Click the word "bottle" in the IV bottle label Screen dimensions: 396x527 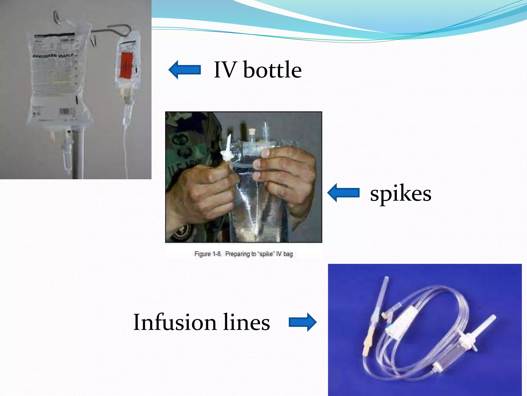(272, 70)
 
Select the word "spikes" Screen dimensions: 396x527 (401, 194)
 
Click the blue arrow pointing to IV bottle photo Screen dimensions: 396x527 (185, 70)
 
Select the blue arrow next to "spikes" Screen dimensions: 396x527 (343, 193)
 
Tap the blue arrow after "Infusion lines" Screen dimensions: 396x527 (303, 322)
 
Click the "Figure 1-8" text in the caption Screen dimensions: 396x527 (208, 254)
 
